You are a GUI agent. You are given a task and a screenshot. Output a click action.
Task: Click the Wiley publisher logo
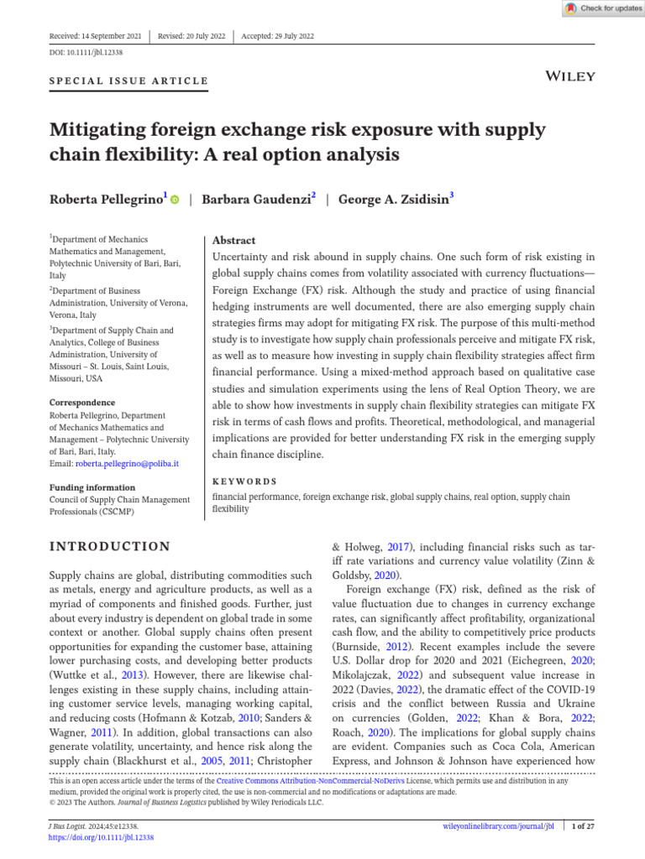(570, 76)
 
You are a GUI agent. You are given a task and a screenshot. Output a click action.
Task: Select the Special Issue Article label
(129, 81)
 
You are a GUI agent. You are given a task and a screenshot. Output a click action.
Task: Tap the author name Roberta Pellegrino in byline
(107, 200)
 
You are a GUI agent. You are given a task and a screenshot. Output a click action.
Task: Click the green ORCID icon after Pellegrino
(175, 200)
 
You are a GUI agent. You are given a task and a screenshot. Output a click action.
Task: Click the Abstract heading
(234, 240)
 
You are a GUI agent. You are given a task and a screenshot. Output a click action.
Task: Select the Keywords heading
(244, 482)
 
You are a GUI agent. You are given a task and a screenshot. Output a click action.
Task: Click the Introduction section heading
(110, 547)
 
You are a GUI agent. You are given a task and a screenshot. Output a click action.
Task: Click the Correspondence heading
(82, 403)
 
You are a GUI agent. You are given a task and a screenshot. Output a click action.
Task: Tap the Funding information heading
(92, 487)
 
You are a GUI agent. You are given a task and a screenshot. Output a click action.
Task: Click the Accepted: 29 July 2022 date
(277, 36)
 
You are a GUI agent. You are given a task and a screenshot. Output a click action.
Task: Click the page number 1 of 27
(583, 826)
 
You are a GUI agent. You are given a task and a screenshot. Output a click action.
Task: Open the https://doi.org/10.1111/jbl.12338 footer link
(102, 837)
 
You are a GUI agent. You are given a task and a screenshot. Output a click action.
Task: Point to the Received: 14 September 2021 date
(96, 36)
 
